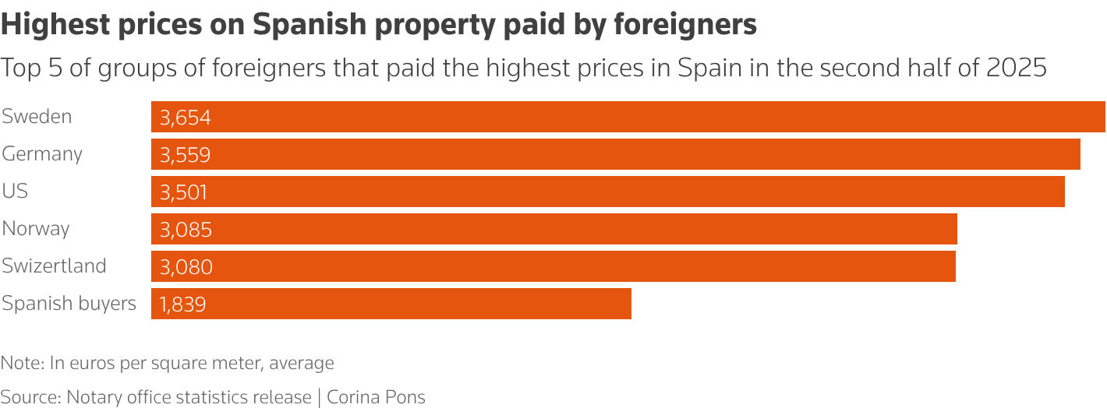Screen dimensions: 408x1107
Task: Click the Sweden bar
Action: coord(628,117)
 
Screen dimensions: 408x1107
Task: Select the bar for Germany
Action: coord(615,154)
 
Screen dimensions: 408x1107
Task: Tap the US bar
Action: coord(607,192)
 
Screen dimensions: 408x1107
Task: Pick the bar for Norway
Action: coord(553,229)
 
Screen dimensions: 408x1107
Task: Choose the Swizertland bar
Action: coord(553,266)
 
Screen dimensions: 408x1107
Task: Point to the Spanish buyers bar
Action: coord(391,304)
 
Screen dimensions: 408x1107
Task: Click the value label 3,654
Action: coord(186,118)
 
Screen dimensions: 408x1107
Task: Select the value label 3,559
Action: coord(186,155)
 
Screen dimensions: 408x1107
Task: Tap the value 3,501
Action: coord(184,192)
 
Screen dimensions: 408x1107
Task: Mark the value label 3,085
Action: coord(186,230)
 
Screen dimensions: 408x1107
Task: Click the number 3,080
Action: coord(186,267)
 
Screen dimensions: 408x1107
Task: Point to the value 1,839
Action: coord(182,304)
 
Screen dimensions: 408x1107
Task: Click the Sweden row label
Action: coord(37,117)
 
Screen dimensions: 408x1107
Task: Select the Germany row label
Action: coord(42,154)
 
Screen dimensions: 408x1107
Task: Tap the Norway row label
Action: coord(36,229)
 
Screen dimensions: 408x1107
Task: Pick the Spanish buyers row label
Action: coord(69,304)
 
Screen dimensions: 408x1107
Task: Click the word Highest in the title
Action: coord(52,26)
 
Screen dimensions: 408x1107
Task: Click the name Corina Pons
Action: coord(376,397)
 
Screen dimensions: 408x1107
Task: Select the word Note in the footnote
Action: coord(21,363)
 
